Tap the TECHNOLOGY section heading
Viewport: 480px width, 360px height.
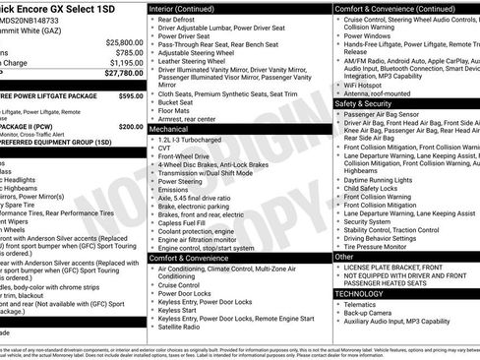pos(360,293)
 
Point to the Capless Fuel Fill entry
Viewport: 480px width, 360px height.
pos(184,221)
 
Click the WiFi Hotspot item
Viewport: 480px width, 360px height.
pos(365,83)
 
